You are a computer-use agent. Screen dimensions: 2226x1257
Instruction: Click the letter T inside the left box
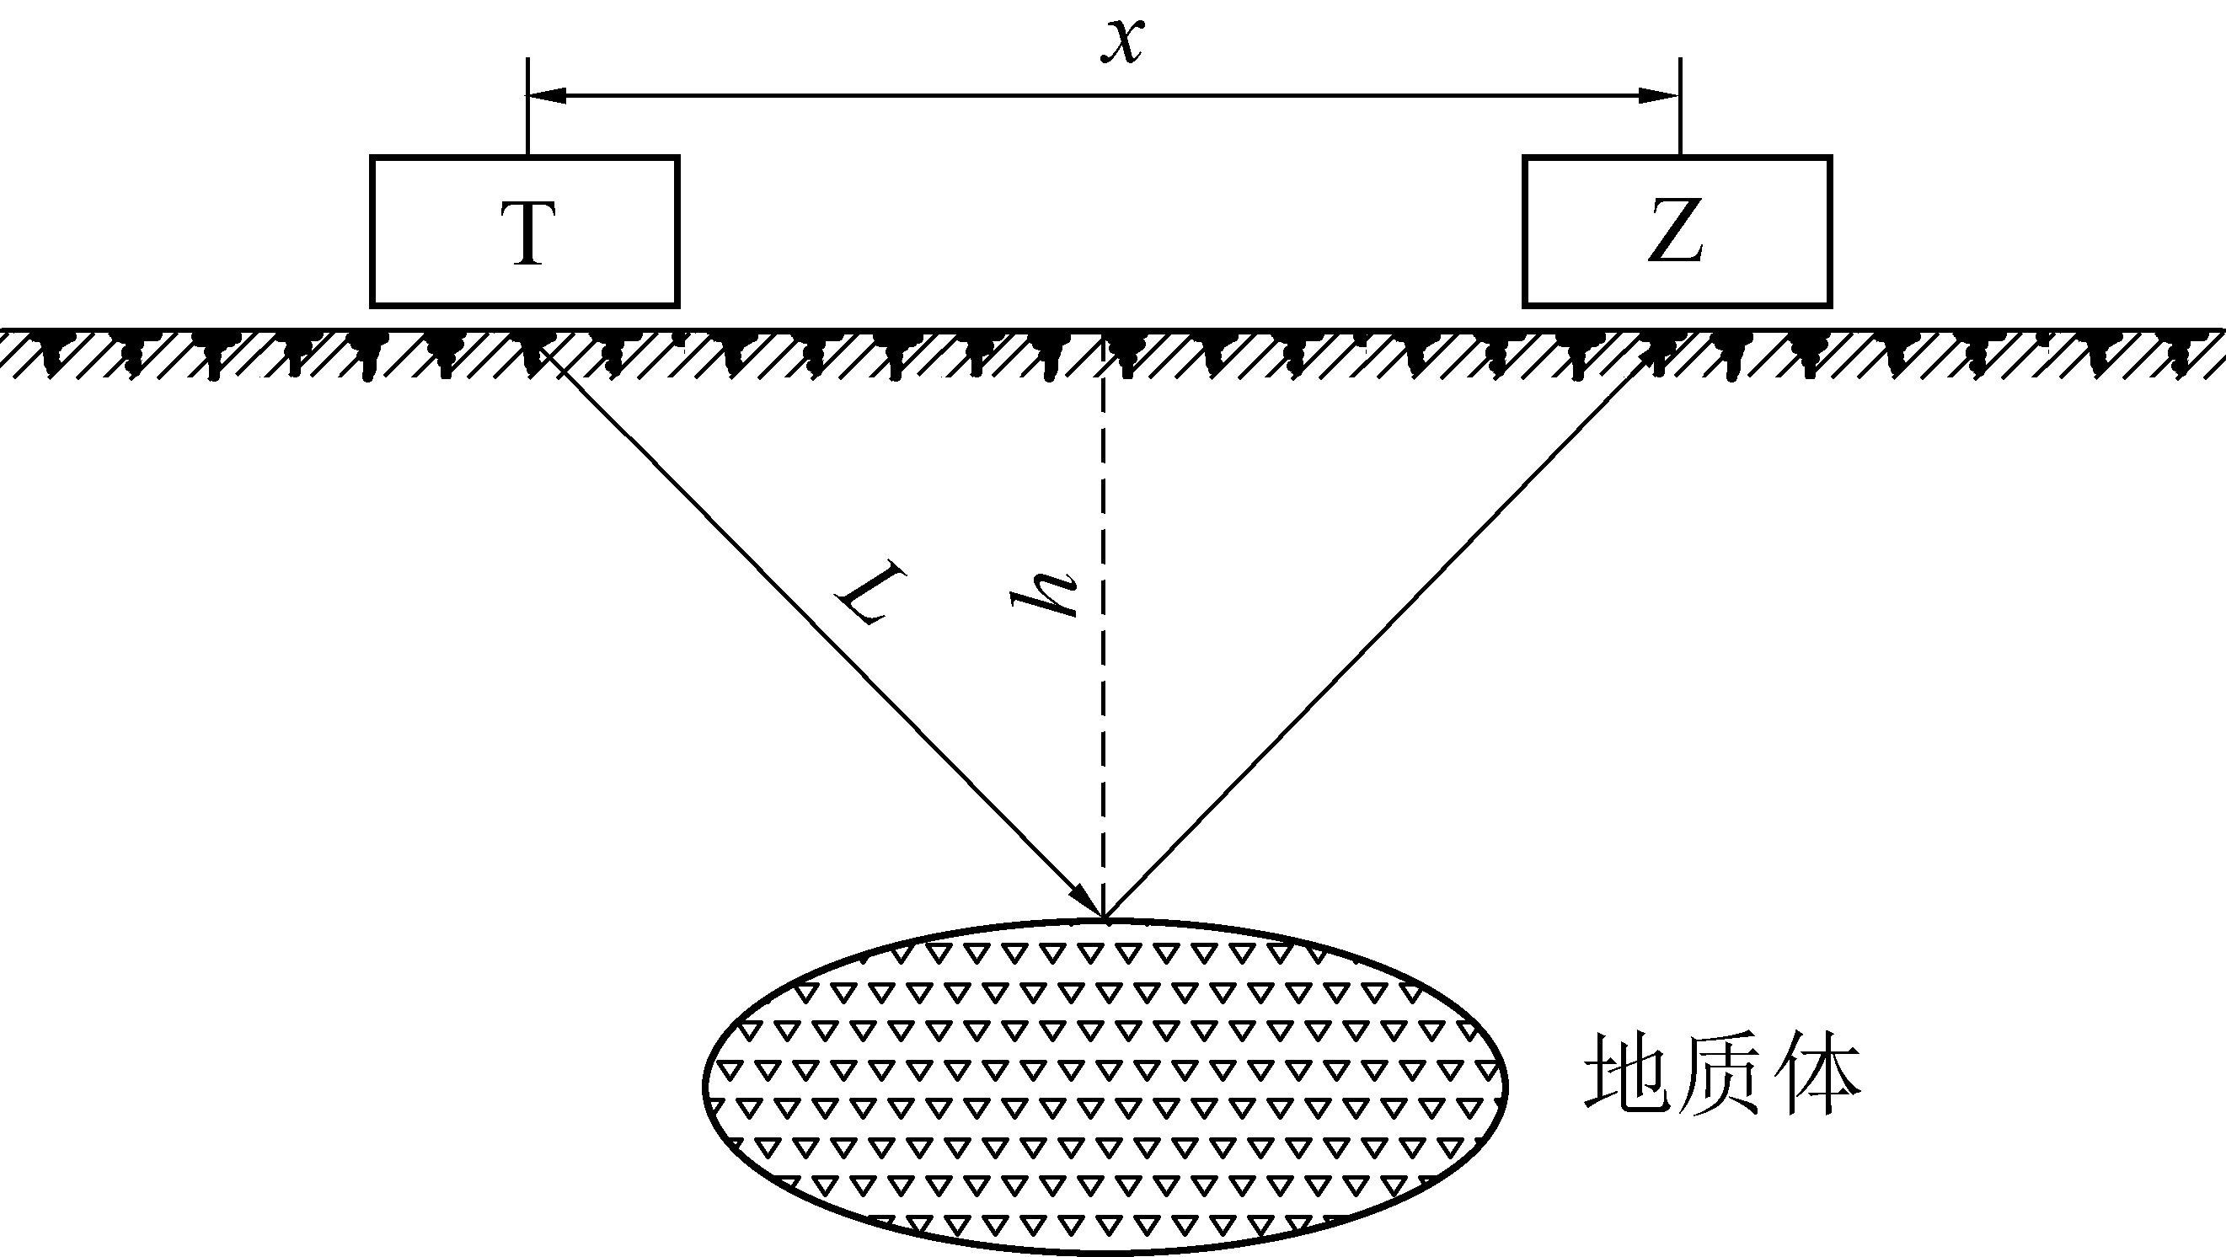528,233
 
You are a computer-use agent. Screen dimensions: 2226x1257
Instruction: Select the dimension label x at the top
1122,40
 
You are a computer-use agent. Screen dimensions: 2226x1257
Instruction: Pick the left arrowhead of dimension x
547,95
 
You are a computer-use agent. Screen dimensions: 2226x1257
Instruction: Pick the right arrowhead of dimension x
1660,95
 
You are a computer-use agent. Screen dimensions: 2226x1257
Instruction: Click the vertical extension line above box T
528,107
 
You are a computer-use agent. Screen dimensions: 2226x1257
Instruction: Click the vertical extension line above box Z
1680,107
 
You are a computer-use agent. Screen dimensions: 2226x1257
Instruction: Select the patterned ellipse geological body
1106,1087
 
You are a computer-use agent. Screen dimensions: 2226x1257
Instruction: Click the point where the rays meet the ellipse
1104,917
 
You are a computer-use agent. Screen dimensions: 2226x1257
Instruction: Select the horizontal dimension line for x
1104,95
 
